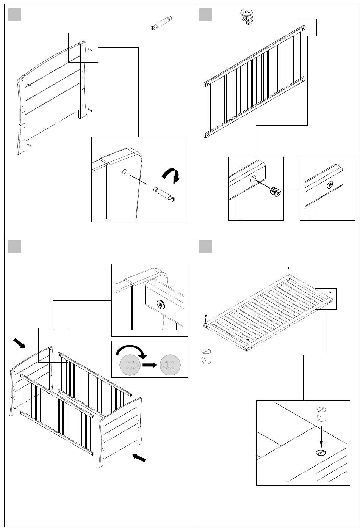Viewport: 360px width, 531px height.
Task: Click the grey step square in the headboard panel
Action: pyautogui.click(x=14, y=14)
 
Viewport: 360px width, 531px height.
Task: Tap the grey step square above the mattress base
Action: pyautogui.click(x=205, y=247)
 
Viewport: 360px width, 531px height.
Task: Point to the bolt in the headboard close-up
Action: pyautogui.click(x=165, y=193)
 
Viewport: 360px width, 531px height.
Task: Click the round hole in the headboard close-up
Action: pyautogui.click(x=124, y=171)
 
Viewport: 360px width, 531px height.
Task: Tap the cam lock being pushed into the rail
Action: pyautogui.click(x=275, y=192)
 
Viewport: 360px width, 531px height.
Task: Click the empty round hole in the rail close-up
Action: pyautogui.click(x=253, y=179)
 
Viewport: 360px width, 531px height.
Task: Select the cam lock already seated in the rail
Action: pyautogui.click(x=330, y=185)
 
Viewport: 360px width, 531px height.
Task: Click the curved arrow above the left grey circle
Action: pyautogui.click(x=129, y=351)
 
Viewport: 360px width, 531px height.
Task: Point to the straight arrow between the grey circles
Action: pyautogui.click(x=149, y=365)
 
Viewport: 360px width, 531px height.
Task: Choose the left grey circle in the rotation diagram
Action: pyautogui.click(x=130, y=365)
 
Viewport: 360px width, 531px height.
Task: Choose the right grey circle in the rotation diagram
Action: pyautogui.click(x=170, y=365)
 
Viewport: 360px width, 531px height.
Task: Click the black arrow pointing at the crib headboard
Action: pyautogui.click(x=19, y=344)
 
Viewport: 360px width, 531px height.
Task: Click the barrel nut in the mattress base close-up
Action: pyautogui.click(x=321, y=414)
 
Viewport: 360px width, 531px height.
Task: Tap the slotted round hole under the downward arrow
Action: pyautogui.click(x=321, y=452)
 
